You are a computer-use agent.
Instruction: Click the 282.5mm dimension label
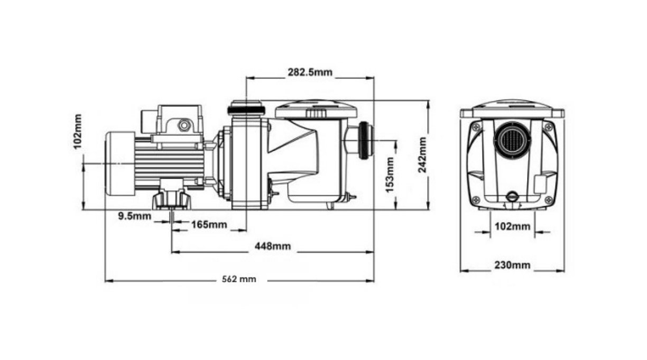point(310,72)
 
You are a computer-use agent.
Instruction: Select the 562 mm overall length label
point(239,279)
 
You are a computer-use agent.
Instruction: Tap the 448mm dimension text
point(273,246)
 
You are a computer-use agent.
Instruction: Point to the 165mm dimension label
point(209,225)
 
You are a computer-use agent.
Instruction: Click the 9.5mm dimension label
point(135,216)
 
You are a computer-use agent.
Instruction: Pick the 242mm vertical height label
point(422,155)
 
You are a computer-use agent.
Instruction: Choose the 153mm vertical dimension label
point(390,174)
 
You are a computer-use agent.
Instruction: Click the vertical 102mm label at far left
point(78,132)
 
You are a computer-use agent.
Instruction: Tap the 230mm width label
point(512,265)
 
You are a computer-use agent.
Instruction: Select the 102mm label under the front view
point(513,226)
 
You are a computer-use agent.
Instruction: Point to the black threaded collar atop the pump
point(246,110)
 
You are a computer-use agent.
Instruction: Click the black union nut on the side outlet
point(364,141)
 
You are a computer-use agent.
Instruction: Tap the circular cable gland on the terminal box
point(184,125)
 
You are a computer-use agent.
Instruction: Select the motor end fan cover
point(120,163)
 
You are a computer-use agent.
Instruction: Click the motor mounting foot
point(172,200)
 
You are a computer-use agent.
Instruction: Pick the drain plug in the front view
point(512,197)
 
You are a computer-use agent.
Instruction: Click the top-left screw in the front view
point(476,126)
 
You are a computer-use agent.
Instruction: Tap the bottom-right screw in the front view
point(549,199)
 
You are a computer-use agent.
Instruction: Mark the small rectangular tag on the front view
point(540,184)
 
